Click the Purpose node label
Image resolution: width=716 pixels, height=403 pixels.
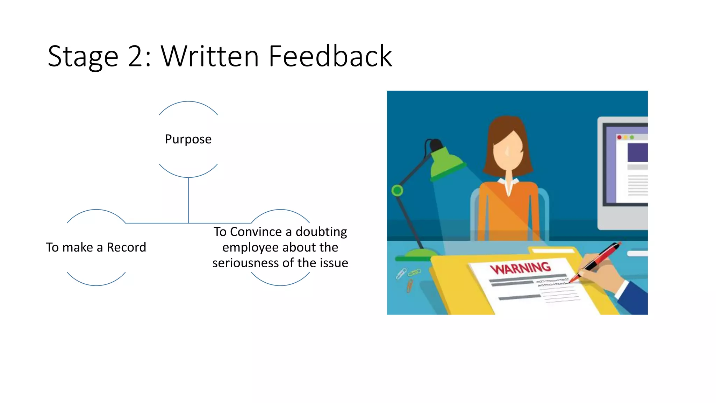188,139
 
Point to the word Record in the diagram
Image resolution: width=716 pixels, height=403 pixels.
126,247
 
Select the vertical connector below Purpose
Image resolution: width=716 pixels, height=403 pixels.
188,199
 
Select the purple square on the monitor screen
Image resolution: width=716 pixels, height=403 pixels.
637,153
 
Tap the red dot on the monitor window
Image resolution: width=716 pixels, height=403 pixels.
619,137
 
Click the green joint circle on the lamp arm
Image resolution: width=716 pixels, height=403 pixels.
397,191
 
